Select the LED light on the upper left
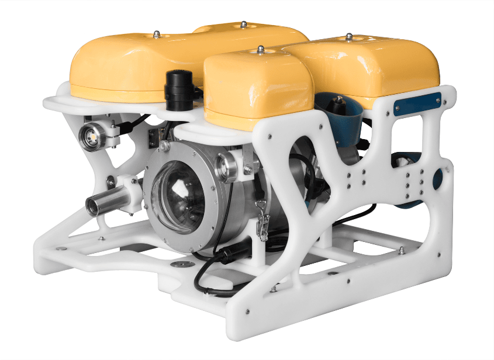point(92,137)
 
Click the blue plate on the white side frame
point(417,103)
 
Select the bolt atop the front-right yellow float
point(260,50)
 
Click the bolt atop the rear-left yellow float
point(157,35)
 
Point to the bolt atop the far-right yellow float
point(348,37)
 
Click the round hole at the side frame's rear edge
point(437,178)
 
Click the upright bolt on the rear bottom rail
point(402,250)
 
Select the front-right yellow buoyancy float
point(257,88)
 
